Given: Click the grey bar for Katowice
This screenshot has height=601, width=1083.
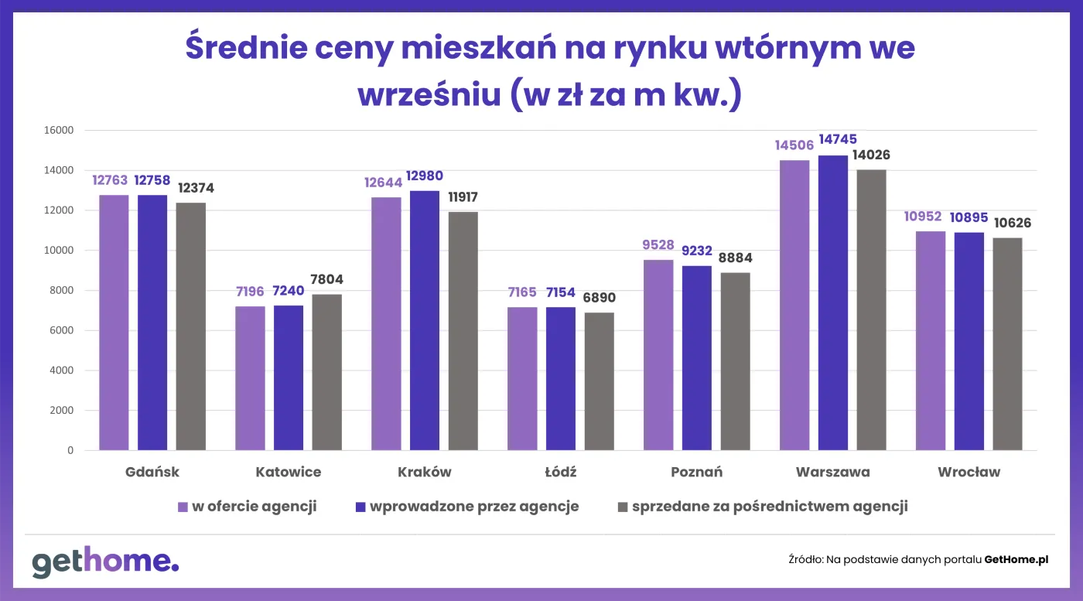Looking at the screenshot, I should [326, 372].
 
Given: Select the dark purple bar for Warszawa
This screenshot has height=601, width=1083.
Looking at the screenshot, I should [832, 302].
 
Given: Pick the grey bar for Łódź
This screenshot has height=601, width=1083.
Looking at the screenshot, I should [599, 381].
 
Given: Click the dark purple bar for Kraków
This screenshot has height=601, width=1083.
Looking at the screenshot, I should [424, 320].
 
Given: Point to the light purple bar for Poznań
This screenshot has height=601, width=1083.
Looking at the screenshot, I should [658, 355].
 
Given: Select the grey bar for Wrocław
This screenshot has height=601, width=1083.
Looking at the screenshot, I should [1007, 343].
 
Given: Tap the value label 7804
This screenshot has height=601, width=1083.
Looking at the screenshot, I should [326, 279].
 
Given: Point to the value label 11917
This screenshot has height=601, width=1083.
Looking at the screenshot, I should [463, 196].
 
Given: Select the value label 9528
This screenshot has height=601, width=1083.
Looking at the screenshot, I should [658, 244].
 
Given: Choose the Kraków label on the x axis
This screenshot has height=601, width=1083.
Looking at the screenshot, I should [424, 472].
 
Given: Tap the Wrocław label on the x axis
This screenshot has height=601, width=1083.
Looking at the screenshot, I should [969, 472].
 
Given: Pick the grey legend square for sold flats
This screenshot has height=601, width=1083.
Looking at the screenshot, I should [622, 507].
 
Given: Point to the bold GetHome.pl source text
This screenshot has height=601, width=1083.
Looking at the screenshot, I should [1016, 559].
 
